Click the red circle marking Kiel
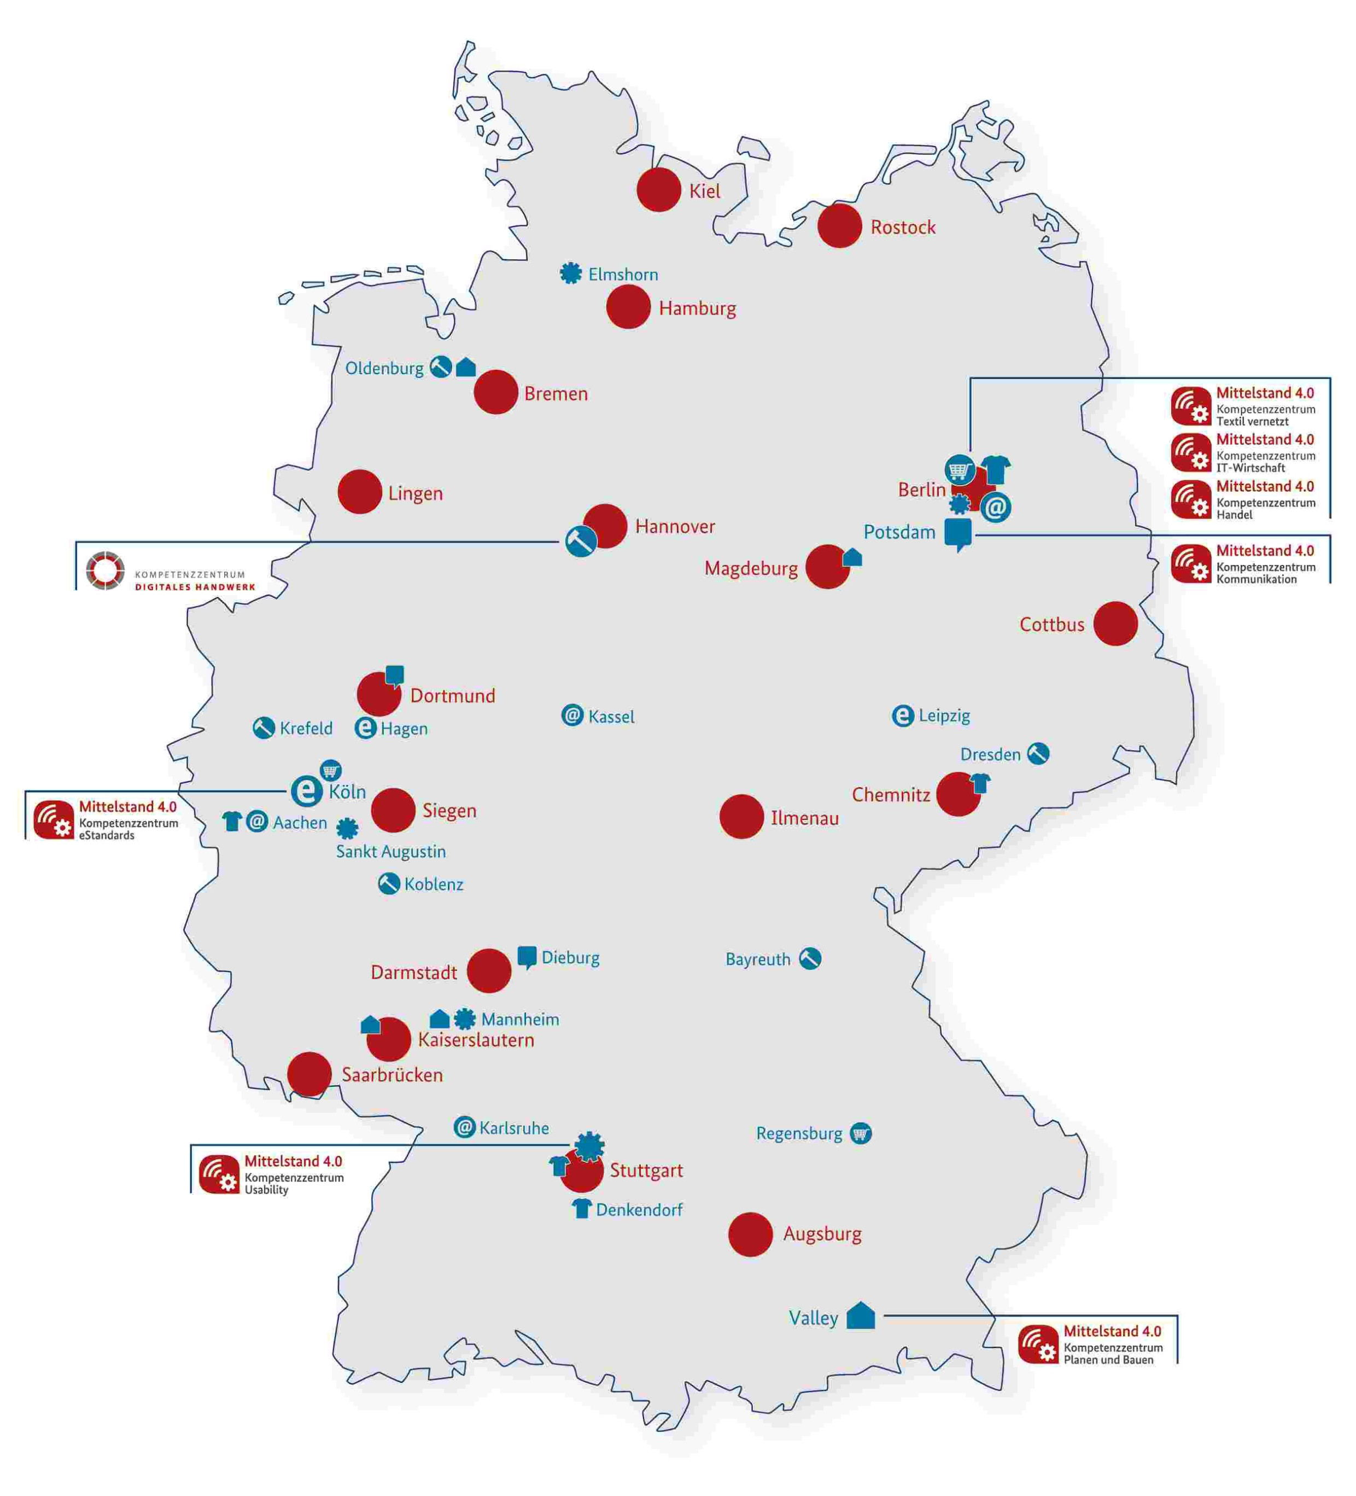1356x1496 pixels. (658, 189)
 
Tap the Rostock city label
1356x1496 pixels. (902, 227)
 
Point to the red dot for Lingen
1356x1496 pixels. (359, 491)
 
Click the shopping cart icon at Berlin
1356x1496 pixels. (958, 470)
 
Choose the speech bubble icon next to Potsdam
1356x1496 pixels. (957, 533)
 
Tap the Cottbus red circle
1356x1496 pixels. (1115, 624)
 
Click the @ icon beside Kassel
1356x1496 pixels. (572, 715)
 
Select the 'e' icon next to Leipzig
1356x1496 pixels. (902, 715)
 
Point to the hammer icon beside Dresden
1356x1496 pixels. (1037, 753)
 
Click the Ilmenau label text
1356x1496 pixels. (804, 818)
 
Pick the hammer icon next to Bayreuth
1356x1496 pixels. (809, 959)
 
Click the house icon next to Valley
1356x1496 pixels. (861, 1315)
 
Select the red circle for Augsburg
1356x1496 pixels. (750, 1234)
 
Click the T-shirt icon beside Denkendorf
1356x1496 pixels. (582, 1209)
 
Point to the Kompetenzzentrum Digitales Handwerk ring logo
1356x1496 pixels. (104, 571)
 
